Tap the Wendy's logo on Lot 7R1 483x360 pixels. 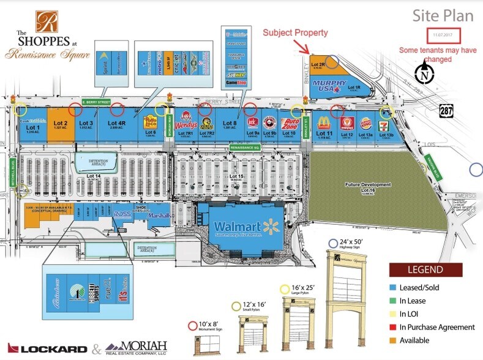click(x=185, y=125)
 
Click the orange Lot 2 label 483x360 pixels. click(x=61, y=123)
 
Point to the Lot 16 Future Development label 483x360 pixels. click(x=367, y=187)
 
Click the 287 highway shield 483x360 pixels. click(x=447, y=110)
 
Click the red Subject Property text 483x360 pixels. click(x=295, y=32)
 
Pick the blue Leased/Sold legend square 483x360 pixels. click(x=392, y=287)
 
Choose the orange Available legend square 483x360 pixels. click(x=392, y=340)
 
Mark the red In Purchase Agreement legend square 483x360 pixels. click(x=392, y=327)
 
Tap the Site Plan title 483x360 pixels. click(x=436, y=15)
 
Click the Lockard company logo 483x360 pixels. click(x=46, y=348)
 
